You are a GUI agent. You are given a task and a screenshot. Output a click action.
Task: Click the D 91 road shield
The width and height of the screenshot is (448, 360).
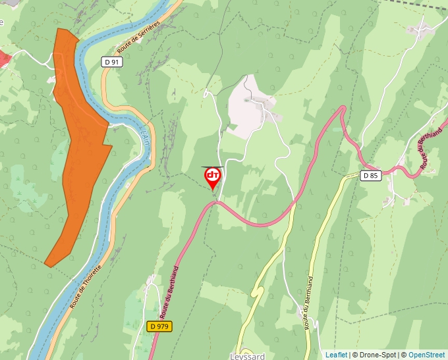tap(113, 62)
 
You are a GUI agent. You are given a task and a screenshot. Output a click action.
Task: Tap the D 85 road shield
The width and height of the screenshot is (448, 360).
tap(371, 175)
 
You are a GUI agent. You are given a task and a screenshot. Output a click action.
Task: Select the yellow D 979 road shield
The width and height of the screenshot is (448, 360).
tap(159, 326)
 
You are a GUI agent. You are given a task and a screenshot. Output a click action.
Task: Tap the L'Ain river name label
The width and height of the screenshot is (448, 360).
tap(146, 138)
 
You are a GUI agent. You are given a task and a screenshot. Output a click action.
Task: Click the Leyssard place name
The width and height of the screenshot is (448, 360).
tap(248, 356)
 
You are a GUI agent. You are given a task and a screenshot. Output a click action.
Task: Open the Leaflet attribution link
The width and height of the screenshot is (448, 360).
tap(336, 355)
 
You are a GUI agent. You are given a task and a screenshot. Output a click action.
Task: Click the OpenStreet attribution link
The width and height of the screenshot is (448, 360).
tap(426, 355)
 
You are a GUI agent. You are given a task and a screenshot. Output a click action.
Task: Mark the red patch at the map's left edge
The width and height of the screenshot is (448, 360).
tap(4, 59)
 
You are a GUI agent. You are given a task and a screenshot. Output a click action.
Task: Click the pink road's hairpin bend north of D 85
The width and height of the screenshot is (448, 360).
tap(342, 109)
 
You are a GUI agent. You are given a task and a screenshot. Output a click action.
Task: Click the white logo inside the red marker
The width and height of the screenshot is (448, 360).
tap(213, 175)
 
